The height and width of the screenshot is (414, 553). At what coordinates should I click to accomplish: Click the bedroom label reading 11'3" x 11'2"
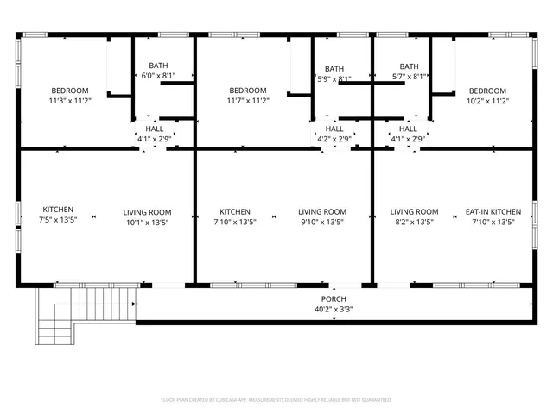70,101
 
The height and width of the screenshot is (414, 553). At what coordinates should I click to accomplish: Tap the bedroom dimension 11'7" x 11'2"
247,101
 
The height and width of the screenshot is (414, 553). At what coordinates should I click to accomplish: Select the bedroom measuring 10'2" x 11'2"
487,101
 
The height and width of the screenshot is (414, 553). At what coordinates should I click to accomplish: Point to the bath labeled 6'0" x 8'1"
158,76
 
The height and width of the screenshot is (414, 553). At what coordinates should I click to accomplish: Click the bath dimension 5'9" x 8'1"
334,79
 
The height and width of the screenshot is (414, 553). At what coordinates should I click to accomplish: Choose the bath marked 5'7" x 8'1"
409,76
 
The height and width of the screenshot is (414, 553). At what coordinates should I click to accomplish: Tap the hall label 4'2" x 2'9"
334,139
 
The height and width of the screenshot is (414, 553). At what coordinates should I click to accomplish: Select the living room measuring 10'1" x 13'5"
147,223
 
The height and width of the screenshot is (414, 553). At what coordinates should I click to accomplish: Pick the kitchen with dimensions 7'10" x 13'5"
235,222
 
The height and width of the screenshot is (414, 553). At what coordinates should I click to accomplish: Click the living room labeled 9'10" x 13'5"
322,222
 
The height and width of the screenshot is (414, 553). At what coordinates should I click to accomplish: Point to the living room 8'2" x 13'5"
414,222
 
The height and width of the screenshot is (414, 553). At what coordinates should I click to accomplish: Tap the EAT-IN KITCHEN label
493,211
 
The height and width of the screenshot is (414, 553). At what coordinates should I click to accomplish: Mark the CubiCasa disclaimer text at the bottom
276,400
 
